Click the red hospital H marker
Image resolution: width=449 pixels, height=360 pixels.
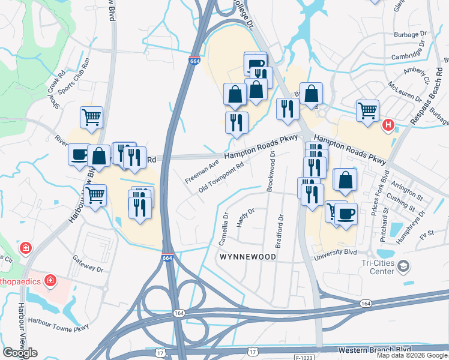[388, 125]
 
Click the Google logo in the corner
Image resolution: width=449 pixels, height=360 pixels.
[20, 353]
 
